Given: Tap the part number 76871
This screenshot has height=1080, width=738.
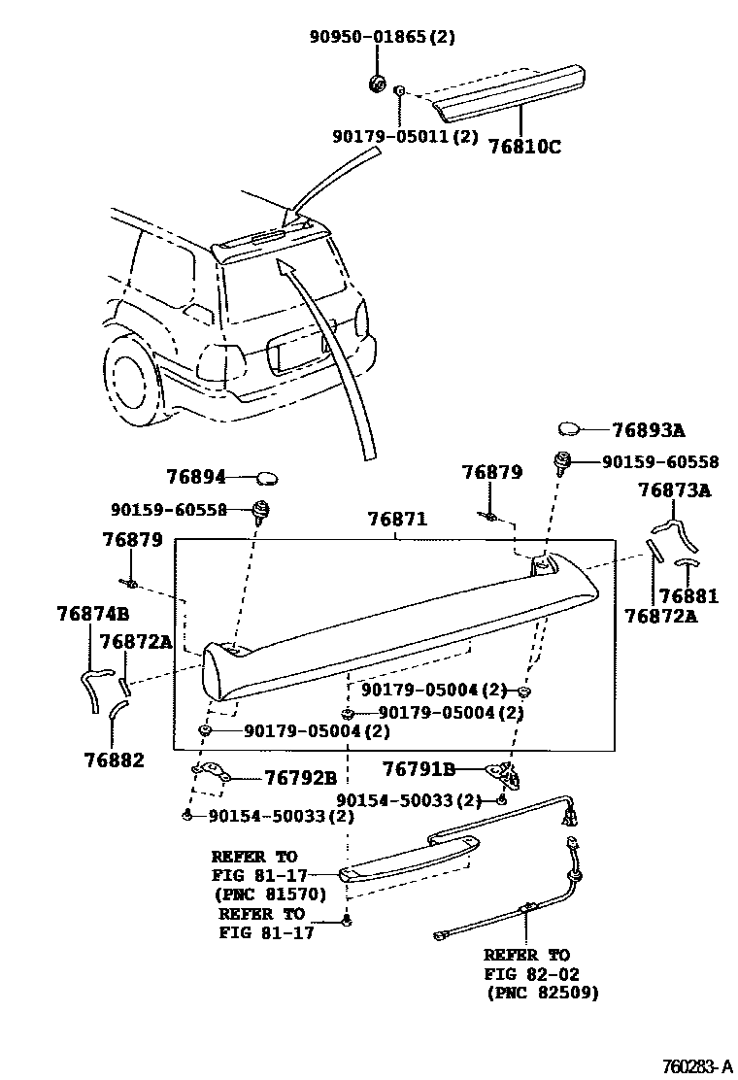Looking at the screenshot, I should click(397, 520).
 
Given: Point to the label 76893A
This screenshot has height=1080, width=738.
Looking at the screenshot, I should click(648, 430).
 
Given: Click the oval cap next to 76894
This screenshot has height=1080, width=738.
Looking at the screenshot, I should click(267, 477).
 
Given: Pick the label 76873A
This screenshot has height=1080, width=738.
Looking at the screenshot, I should click(674, 490).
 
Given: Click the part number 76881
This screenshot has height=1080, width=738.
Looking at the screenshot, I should click(688, 596).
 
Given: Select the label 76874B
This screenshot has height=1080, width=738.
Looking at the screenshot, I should click(92, 614).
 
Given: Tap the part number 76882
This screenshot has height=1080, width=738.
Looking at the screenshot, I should click(114, 760).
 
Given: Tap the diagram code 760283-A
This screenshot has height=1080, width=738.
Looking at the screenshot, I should click(691, 1066).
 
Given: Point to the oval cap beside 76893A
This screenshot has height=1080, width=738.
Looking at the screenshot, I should click(569, 428).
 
